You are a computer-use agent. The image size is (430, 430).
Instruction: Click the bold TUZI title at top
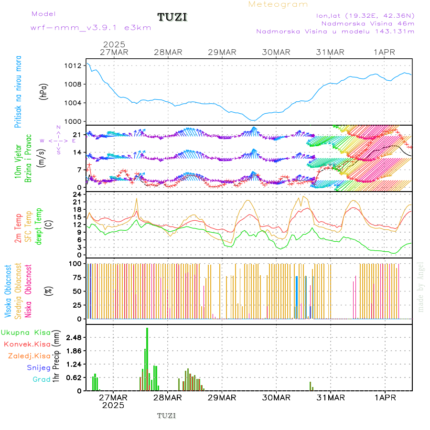(x=172, y=17)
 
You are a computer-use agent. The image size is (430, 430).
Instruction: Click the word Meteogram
(x=278, y=4)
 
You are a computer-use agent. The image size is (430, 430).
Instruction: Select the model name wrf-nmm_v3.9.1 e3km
(x=91, y=28)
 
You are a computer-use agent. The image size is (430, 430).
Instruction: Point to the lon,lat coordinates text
(x=365, y=15)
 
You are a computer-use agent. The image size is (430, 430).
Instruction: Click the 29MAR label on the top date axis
(x=222, y=52)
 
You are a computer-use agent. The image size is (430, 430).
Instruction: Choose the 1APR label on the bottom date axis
(x=384, y=397)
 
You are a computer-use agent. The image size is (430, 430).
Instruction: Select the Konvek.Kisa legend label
(x=27, y=344)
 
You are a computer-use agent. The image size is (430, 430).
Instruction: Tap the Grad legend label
(x=41, y=379)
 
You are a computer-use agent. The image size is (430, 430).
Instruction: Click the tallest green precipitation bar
(x=147, y=358)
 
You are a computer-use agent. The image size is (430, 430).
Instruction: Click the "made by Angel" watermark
(x=420, y=287)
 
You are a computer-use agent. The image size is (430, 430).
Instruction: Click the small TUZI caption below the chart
(x=167, y=416)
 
